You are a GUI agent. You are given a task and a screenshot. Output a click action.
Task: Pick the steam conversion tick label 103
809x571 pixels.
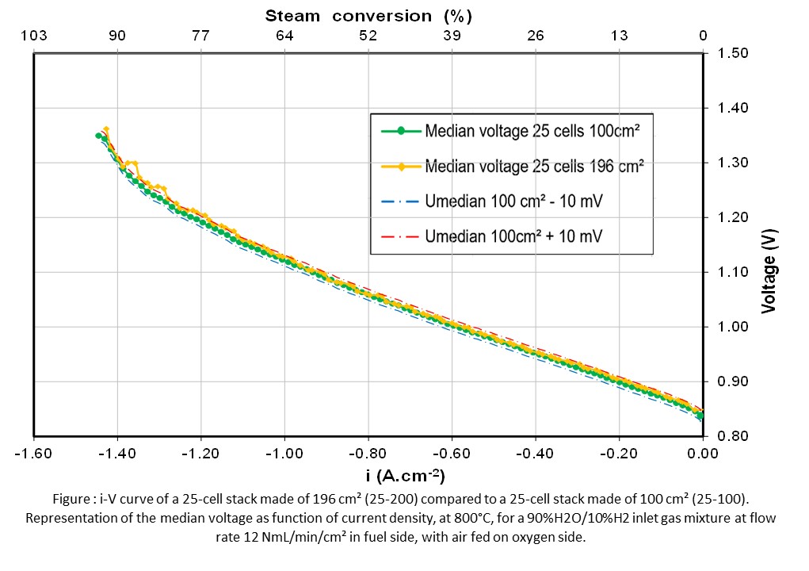pyautogui.click(x=33, y=36)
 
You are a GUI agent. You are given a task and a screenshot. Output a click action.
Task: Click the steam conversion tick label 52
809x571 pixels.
pyautogui.click(x=368, y=36)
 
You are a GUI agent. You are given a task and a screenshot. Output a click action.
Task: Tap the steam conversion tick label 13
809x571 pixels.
pyautogui.click(x=620, y=36)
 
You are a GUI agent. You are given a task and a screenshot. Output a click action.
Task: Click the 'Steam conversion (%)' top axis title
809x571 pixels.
pyautogui.click(x=368, y=15)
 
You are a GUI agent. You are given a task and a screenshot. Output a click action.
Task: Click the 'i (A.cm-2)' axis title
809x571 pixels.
pyautogui.click(x=400, y=476)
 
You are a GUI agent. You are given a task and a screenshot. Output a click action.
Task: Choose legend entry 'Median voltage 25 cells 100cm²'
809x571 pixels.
pyautogui.click(x=531, y=131)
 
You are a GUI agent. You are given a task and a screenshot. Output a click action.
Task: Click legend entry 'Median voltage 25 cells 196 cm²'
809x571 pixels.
pyautogui.click(x=533, y=167)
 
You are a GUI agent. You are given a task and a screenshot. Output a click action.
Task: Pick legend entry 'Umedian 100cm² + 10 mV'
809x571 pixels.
pyautogui.click(x=513, y=236)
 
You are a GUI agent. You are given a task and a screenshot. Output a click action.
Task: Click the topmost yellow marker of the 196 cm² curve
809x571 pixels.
pyautogui.click(x=106, y=129)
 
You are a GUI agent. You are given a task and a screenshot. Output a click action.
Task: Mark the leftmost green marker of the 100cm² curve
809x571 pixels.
pyautogui.click(x=99, y=136)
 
